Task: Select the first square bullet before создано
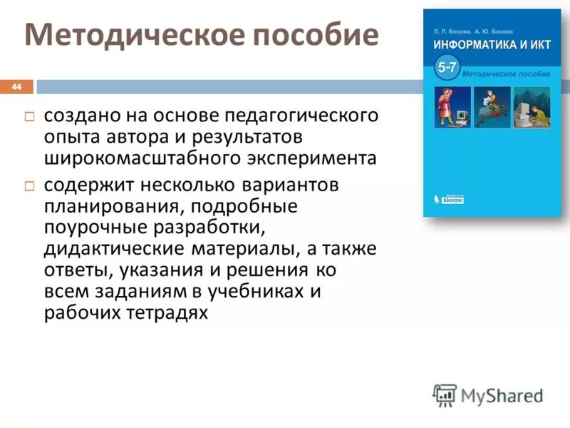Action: (x=29, y=116)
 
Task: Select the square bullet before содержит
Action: (x=29, y=185)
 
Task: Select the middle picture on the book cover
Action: (x=492, y=108)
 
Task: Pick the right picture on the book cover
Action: (x=532, y=108)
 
